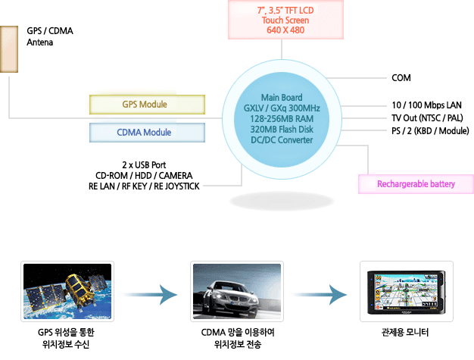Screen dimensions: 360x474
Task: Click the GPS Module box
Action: tap(148, 104)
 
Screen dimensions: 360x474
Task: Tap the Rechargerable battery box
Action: tap(415, 184)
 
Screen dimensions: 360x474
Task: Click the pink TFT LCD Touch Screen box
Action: tap(281, 20)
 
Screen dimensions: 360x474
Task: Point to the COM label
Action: tap(401, 78)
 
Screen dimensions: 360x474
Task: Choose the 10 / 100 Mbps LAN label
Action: tap(426, 105)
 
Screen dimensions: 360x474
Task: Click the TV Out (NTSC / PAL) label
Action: tap(426, 118)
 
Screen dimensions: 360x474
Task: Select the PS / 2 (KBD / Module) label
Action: tap(429, 131)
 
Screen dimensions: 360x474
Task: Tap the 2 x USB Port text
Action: tap(144, 164)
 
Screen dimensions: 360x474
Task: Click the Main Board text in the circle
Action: tap(281, 98)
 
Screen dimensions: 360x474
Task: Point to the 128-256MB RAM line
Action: tap(281, 119)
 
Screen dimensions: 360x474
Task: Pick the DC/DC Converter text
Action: tap(281, 140)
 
